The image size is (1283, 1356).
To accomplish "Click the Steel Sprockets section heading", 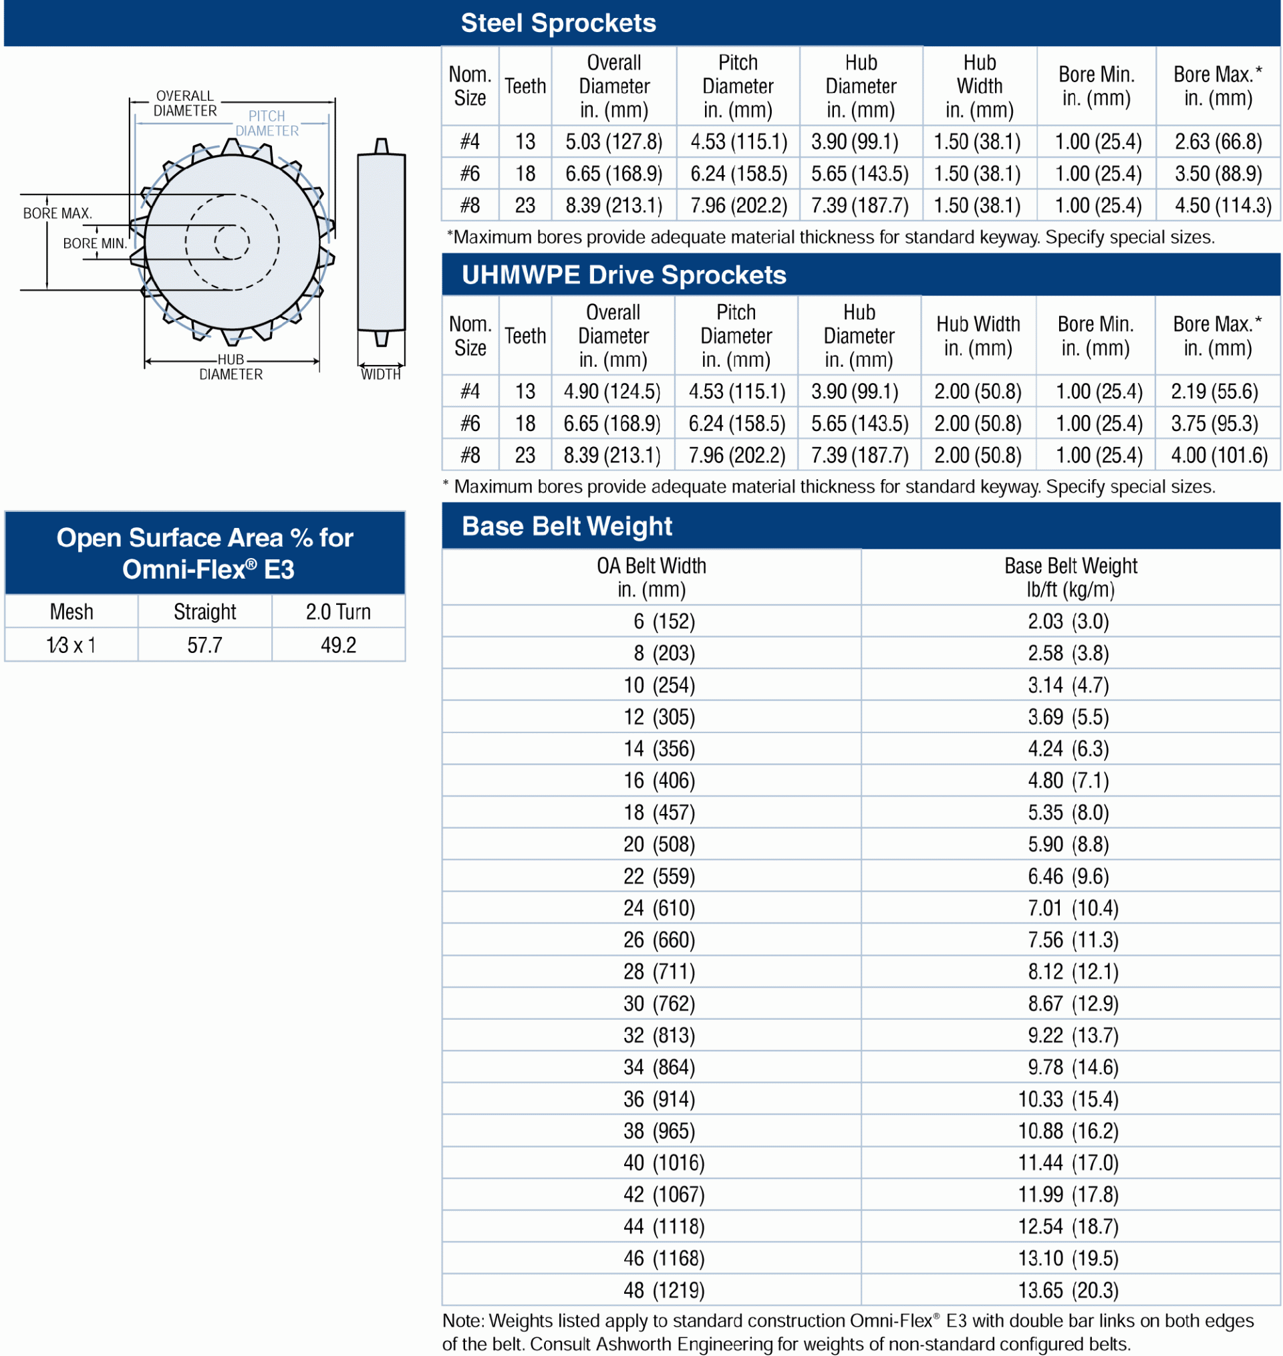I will pyautogui.click(x=558, y=23).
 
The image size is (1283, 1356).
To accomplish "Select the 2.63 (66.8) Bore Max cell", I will pyautogui.click(x=1218, y=142).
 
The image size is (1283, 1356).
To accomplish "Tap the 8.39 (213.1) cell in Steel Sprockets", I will pyautogui.click(x=613, y=205).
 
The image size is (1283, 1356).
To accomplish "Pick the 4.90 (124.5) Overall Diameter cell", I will pyautogui.click(x=611, y=391).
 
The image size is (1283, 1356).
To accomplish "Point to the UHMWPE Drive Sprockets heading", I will pyautogui.click(x=623, y=275).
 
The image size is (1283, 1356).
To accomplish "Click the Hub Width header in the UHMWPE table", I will pyautogui.click(x=978, y=335).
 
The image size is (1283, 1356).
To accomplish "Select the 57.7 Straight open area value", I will pyautogui.click(x=204, y=645).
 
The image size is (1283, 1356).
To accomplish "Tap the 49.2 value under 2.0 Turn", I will pyautogui.click(x=338, y=645).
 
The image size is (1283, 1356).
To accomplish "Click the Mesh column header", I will pyautogui.click(x=71, y=612).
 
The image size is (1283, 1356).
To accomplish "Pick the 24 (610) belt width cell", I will pyautogui.click(x=659, y=908).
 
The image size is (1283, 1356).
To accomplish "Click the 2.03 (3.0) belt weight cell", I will pyautogui.click(x=1068, y=621).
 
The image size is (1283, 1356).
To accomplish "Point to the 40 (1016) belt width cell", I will pyautogui.click(x=663, y=1162).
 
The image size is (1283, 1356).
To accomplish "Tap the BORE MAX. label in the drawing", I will pyautogui.click(x=57, y=213).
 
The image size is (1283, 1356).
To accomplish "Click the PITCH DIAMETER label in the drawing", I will pyautogui.click(x=267, y=124).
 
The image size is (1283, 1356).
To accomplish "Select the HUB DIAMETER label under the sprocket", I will pyautogui.click(x=231, y=367).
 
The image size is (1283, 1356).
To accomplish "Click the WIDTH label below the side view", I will pyautogui.click(x=380, y=374).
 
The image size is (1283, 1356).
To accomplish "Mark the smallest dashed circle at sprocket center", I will pyautogui.click(x=232, y=241).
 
